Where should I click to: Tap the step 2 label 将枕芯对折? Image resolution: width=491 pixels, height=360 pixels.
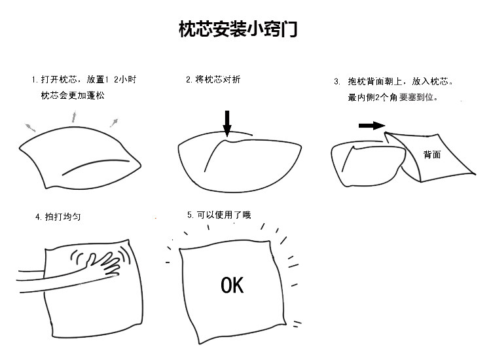pos(213,80)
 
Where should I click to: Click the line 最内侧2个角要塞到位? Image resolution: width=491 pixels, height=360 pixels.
pos(393,98)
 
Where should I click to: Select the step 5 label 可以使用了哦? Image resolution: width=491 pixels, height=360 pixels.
pos(219,215)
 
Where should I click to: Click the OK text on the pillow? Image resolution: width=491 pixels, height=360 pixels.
pos(232,285)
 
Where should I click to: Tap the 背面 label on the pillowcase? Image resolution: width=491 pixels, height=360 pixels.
pos(431,155)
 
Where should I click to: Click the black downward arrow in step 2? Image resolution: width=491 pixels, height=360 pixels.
pos(227,123)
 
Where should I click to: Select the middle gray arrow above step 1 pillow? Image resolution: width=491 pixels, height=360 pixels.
pos(73,117)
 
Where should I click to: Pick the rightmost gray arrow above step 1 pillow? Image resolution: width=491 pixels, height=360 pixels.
pos(114,122)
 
